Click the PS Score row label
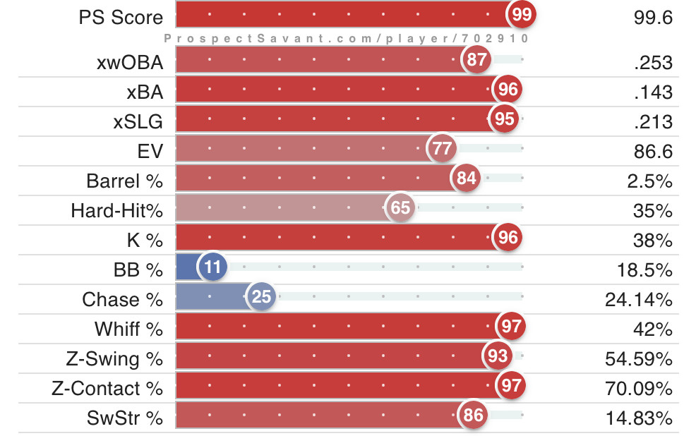[121, 18]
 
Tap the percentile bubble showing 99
[522, 15]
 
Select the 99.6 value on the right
[653, 18]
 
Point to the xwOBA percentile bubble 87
[476, 60]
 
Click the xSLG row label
[138, 121]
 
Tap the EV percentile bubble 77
[442, 149]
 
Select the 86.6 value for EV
[653, 152]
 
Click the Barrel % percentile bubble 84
[466, 178]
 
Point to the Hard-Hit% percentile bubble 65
[400, 208]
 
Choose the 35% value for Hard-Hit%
[657, 211]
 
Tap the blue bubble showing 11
[213, 267]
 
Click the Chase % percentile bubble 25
[261, 297]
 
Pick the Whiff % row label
[128, 329]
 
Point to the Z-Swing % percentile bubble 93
[498, 356]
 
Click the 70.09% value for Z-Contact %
[639, 389]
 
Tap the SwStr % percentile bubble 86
[473, 416]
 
